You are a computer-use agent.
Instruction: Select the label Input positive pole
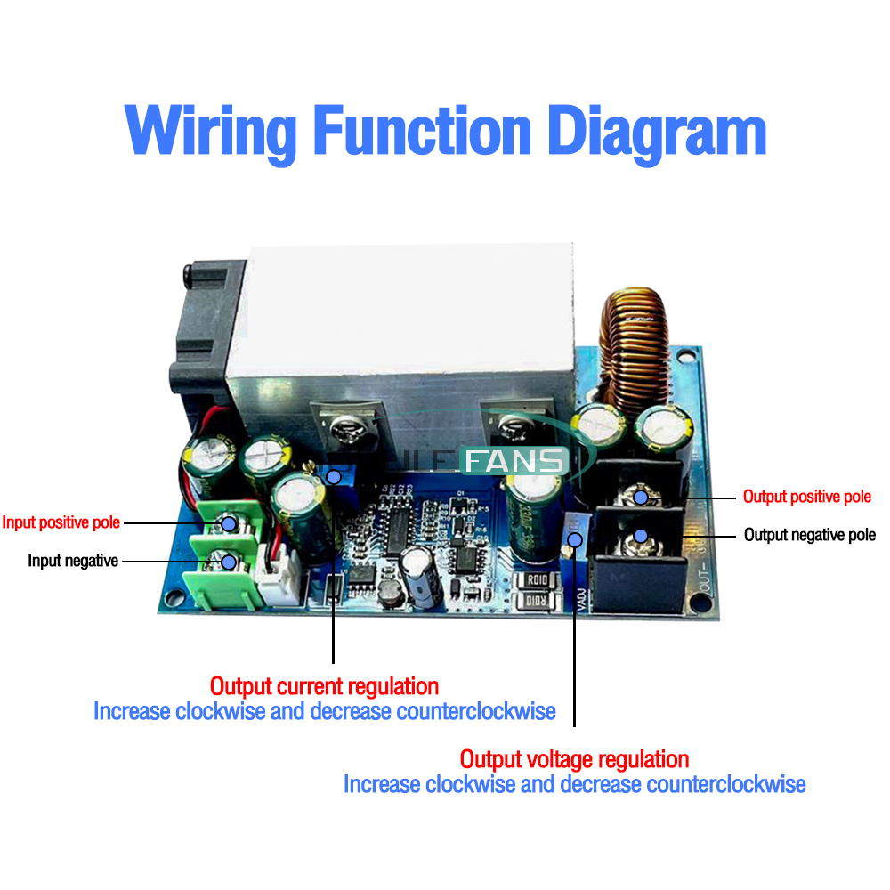pos(61,522)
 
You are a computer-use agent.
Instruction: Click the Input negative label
pos(73,561)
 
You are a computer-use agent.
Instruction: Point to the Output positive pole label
pos(807,497)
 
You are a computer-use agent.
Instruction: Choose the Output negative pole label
pos(810,535)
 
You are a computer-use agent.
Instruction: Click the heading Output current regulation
pos(324,686)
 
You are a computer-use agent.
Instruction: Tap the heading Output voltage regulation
pos(574,759)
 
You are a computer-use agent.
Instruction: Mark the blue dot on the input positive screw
pos(230,523)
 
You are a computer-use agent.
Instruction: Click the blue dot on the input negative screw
pos(230,562)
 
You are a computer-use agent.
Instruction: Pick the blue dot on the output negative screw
pos(640,537)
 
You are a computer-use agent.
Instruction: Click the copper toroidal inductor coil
pos(634,347)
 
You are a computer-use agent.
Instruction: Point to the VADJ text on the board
pos(579,599)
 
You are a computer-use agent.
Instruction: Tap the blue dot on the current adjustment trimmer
pos(333,477)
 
